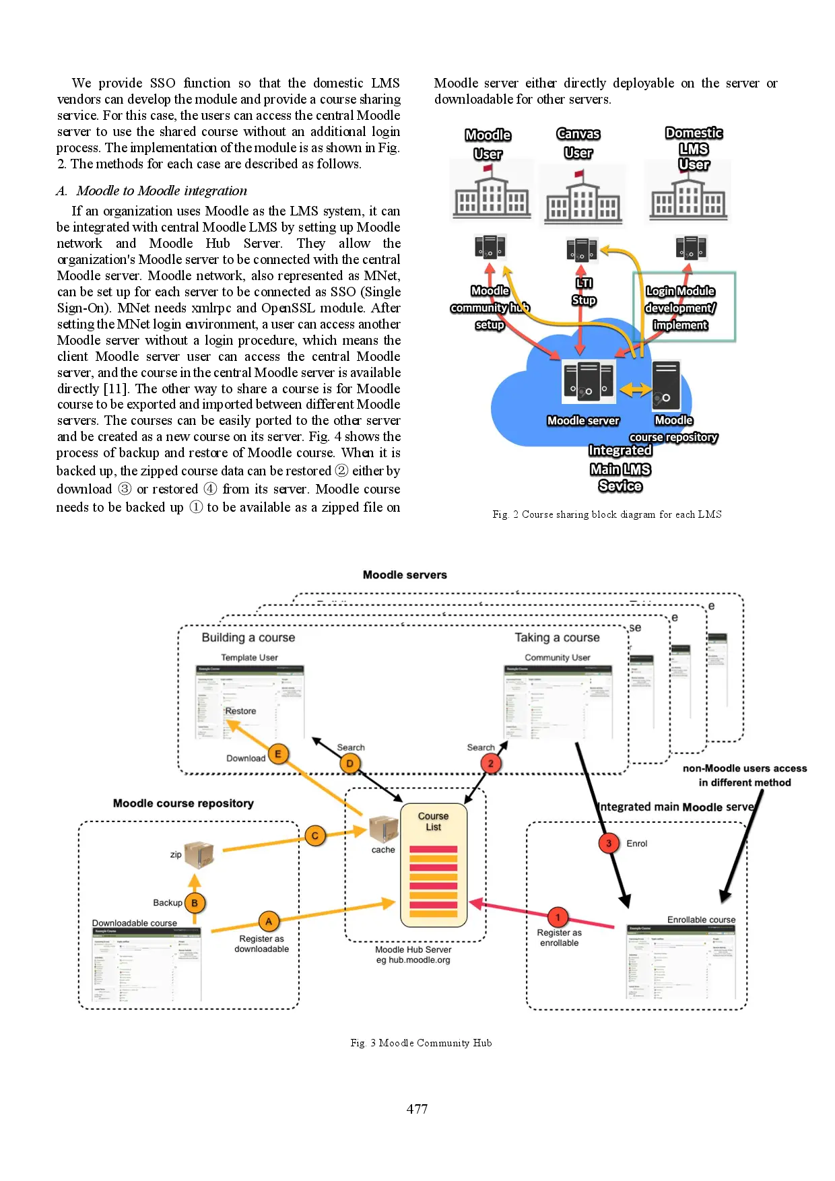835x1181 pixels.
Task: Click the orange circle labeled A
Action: [269, 921]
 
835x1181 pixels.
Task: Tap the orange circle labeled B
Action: [195, 903]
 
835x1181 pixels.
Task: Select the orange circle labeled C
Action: [314, 836]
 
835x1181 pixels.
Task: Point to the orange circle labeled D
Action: [349, 764]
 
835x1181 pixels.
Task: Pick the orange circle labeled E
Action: [278, 753]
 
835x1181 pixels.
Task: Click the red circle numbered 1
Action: [558, 917]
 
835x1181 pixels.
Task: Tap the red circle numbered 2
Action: [491, 764]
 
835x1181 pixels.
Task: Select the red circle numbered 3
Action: [609, 843]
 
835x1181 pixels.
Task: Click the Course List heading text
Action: [433, 821]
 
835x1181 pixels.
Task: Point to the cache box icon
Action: [384, 830]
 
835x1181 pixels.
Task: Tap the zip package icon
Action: [199, 854]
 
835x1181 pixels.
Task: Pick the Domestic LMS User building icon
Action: [688, 195]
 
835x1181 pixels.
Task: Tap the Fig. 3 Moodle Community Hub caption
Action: [421, 1043]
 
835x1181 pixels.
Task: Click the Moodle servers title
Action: [405, 575]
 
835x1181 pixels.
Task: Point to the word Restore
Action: [240, 711]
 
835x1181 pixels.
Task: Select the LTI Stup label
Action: [584, 292]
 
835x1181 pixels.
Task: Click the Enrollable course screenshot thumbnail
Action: [681, 961]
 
